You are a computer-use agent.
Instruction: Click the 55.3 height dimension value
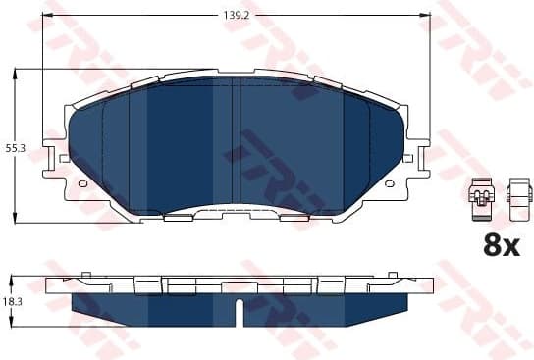tap(14, 147)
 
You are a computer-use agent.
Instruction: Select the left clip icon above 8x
tap(480, 196)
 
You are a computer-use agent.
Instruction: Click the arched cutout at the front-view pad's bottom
tap(236, 209)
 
